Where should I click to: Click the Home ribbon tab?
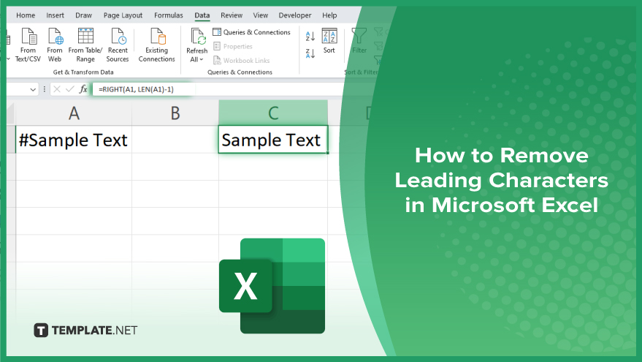26,15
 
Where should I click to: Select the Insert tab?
55,15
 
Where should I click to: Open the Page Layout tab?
123,15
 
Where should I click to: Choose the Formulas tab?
168,15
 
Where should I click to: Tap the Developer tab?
295,15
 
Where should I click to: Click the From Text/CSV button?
28,45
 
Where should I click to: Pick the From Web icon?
55,37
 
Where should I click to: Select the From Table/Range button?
85,45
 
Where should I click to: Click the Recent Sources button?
118,45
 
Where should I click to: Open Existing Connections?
156,45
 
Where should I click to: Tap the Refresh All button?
197,45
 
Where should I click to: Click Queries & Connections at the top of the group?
251,32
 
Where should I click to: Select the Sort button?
329,41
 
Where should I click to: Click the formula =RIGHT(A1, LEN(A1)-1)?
136,89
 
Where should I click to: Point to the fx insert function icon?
83,89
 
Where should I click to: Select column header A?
74,113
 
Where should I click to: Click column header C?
273,113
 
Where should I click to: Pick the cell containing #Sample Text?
74,140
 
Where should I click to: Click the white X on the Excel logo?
245,286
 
